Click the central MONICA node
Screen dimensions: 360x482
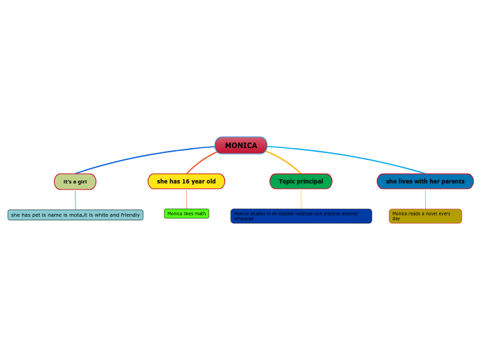point(241,145)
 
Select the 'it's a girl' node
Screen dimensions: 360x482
point(75,181)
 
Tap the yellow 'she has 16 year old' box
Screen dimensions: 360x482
point(186,181)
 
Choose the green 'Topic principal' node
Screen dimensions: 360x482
point(301,181)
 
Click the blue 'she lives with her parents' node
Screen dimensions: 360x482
point(425,181)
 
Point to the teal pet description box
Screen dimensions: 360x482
point(75,215)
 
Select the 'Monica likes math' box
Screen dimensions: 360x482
point(186,214)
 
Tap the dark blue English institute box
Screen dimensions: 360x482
point(301,216)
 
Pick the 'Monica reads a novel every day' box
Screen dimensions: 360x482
point(425,216)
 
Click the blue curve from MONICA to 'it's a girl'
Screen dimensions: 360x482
point(139,156)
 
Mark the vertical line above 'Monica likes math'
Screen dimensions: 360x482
point(186,199)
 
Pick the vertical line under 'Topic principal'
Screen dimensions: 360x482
point(301,199)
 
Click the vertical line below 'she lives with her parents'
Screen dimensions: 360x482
point(425,199)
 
